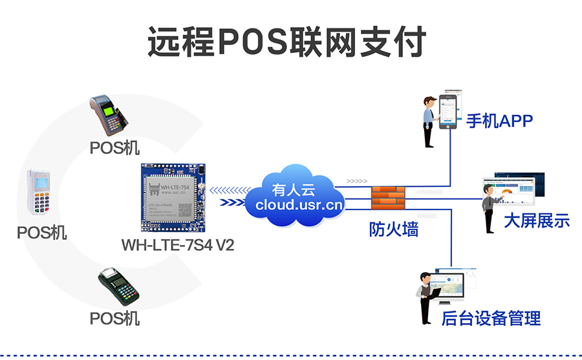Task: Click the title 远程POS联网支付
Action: (286, 43)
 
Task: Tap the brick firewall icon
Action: (388, 197)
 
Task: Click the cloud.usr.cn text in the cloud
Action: (299, 205)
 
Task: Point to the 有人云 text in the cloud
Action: (294, 190)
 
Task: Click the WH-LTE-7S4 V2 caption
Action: (178, 246)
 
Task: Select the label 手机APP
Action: (499, 120)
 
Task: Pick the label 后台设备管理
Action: (491, 317)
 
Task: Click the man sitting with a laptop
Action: (427, 297)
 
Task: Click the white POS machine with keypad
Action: (40, 192)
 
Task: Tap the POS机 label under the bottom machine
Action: (114, 318)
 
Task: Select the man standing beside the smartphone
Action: (429, 122)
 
